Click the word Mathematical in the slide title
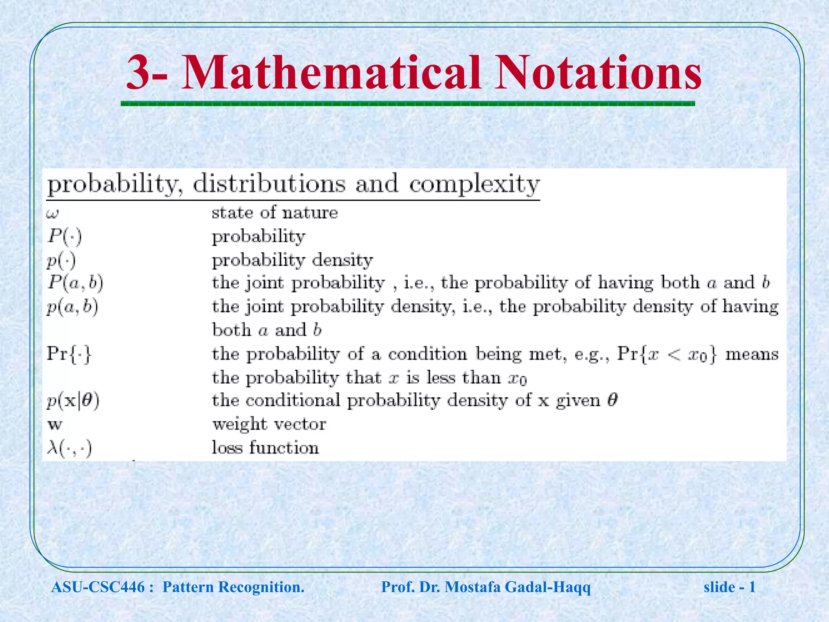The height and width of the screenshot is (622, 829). pos(331,73)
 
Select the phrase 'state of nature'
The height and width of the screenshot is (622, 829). pos(274,213)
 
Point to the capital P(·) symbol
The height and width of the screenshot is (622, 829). pos(64,236)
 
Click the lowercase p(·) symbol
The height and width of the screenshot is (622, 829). pos(61,260)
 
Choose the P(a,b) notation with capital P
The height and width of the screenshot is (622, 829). pos(75,283)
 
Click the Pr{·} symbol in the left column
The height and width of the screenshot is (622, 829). pos(69,354)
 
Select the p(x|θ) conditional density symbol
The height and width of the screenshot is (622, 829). pos(73,401)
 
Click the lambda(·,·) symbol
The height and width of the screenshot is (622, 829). pos(69,448)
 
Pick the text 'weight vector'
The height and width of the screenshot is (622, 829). pos(269,424)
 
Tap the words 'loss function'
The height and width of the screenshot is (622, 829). pos(265,448)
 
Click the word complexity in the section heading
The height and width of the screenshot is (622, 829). pos(474,184)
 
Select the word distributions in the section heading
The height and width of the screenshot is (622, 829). pos(269,184)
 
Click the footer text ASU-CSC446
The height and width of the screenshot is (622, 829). pos(98,587)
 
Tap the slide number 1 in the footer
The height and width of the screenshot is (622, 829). pos(752,587)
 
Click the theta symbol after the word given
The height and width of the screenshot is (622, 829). pos(612,400)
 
